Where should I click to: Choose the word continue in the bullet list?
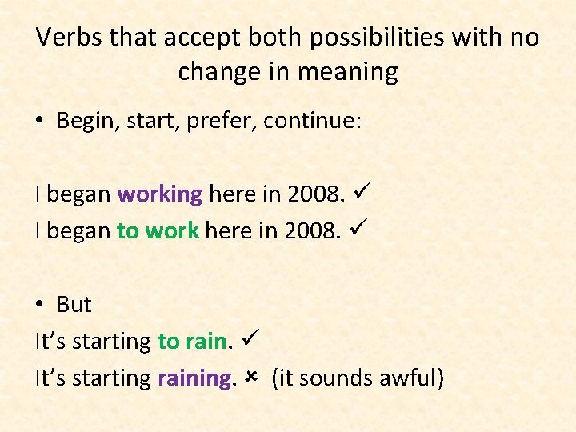313,121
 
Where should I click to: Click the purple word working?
160,194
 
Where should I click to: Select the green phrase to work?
158,230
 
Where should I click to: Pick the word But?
74,304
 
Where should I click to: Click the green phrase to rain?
193,341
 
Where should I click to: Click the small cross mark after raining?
250,376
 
